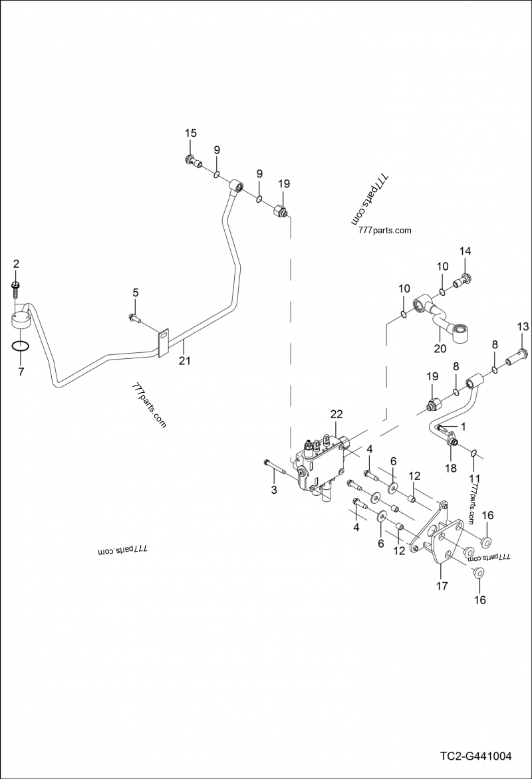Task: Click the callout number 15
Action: (x=191, y=133)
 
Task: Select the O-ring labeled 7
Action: (x=20, y=346)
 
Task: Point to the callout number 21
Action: (x=184, y=361)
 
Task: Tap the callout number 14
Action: (x=465, y=251)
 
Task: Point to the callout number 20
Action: (x=440, y=348)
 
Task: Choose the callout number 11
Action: (x=473, y=478)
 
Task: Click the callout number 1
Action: (x=463, y=425)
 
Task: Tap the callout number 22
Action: (x=336, y=414)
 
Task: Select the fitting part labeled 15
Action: (x=192, y=160)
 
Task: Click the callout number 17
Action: (x=442, y=586)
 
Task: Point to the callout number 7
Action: (x=21, y=372)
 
